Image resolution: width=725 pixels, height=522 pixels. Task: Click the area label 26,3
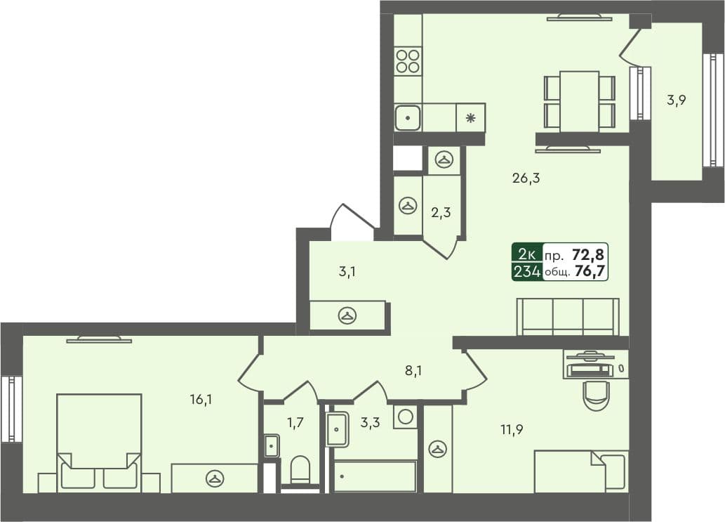526,178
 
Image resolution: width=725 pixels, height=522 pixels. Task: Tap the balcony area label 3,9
676,100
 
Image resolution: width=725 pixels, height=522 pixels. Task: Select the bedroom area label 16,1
201,400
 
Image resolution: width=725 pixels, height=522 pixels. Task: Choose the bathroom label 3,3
370,422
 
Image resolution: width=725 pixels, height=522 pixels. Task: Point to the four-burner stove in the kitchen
408,61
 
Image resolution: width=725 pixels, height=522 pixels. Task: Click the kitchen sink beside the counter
407,117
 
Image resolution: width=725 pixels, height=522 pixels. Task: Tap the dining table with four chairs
579,100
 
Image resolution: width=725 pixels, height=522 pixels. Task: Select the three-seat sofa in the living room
568,317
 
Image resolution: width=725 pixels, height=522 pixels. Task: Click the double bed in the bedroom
99,441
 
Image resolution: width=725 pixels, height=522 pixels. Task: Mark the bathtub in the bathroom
375,476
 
